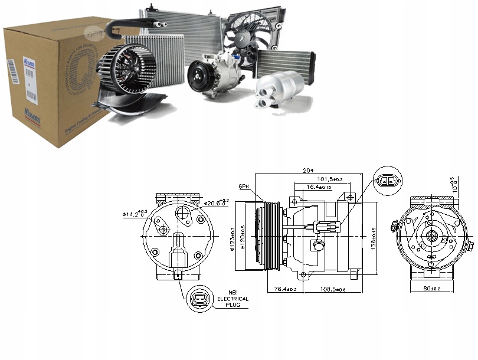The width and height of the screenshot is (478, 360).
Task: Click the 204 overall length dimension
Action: (x=307, y=170)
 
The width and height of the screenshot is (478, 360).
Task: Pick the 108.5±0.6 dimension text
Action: (x=333, y=289)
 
